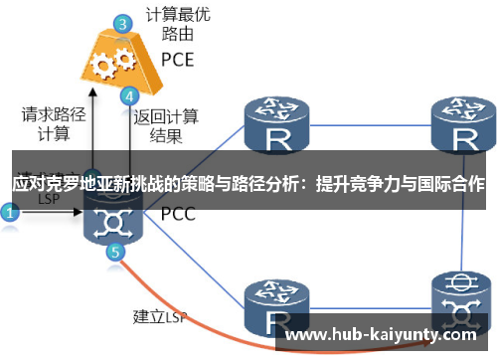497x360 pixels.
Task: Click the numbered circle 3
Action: click(x=120, y=22)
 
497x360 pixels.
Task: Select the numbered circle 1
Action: click(x=10, y=212)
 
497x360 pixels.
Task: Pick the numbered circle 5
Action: click(x=116, y=253)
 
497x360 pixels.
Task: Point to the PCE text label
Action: click(x=178, y=60)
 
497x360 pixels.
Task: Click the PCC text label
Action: click(x=178, y=213)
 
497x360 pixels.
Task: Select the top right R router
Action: click(x=463, y=123)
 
